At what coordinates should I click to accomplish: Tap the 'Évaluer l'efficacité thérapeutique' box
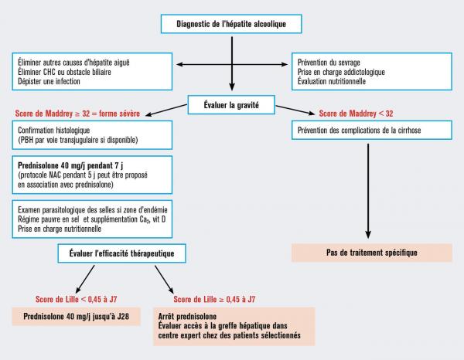116,253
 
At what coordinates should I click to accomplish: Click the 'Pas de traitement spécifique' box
371,253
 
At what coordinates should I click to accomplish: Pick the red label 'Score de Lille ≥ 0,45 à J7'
219,297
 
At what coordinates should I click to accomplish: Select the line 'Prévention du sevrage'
334,62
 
